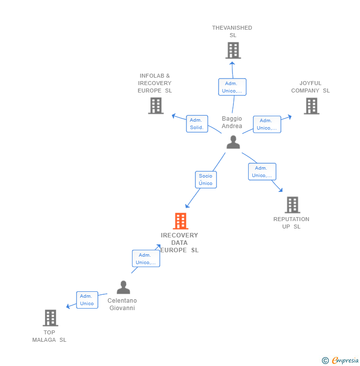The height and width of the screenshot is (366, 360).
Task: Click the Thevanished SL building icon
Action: point(233,50)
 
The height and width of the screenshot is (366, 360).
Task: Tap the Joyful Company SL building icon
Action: point(311,106)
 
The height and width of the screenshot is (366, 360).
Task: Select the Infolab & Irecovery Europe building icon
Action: point(156,106)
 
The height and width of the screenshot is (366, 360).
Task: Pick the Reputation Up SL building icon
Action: point(292,205)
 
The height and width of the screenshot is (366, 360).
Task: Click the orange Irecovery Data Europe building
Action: point(180,221)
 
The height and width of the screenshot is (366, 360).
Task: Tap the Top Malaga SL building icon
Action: point(50,318)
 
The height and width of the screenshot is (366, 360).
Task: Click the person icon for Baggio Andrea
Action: point(233,142)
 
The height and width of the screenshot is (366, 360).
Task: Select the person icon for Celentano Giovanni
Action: point(123,287)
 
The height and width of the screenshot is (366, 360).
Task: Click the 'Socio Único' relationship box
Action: point(206,180)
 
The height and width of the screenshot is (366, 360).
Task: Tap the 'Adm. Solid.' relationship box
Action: point(196,124)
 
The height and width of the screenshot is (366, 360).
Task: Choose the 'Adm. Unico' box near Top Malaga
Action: point(87,300)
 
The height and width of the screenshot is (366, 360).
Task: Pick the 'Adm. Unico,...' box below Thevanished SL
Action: point(232,87)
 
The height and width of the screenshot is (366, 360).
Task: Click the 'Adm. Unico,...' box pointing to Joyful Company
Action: point(267,124)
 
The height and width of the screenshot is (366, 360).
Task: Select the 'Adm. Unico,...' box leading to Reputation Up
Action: point(262,172)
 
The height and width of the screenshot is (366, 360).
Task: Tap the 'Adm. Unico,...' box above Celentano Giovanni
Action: point(145,259)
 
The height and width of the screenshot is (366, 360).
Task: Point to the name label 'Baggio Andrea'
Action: point(232,122)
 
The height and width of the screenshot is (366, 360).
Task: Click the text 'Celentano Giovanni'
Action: point(122,304)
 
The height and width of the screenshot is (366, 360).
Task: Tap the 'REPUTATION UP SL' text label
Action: point(291,223)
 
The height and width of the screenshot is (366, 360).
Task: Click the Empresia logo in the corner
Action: point(341,360)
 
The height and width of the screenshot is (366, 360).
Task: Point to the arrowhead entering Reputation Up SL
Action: point(281,190)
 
